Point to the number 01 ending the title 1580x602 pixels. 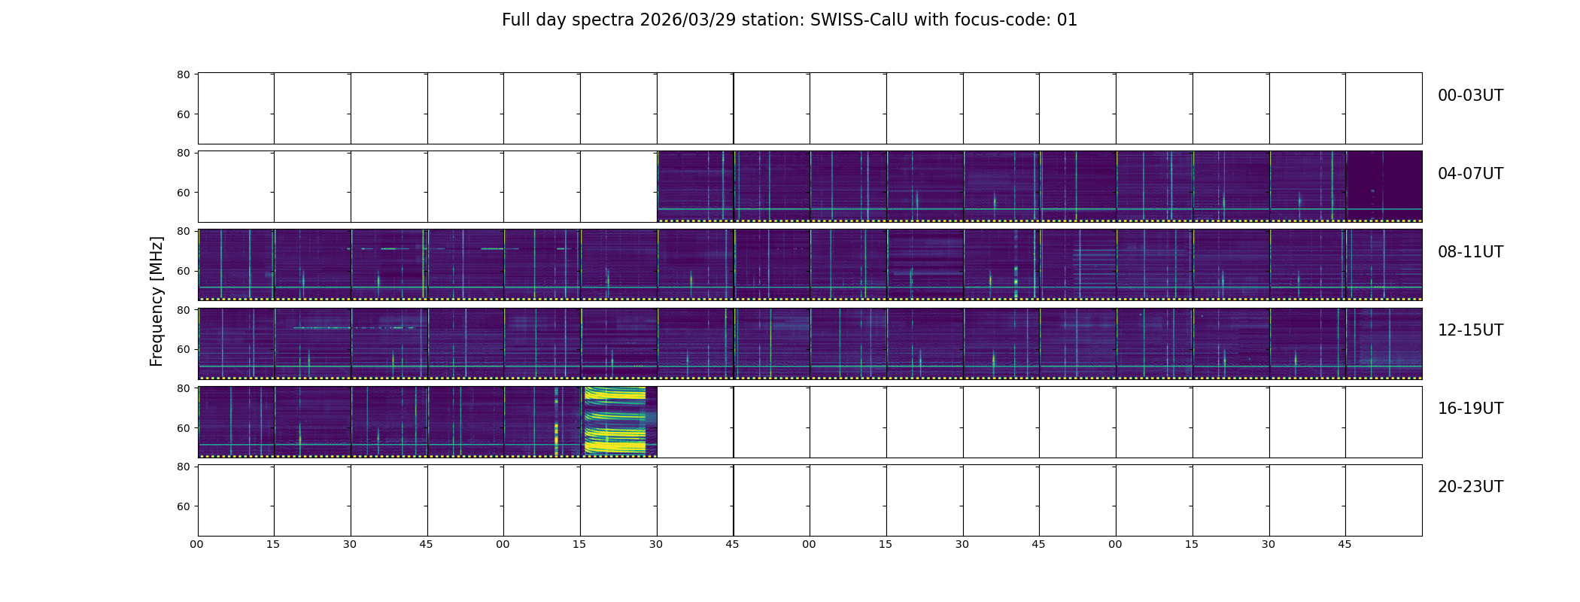pyautogui.click(x=1067, y=20)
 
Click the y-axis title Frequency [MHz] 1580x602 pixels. pyautogui.click(x=156, y=301)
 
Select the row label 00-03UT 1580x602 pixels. pyautogui.click(x=1470, y=96)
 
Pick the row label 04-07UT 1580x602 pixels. pyautogui.click(x=1470, y=174)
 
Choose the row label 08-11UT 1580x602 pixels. pyautogui.click(x=1470, y=252)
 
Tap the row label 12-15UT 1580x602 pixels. pyautogui.click(x=1470, y=330)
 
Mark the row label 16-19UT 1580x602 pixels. pyautogui.click(x=1470, y=409)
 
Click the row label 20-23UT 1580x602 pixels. pyautogui.click(x=1470, y=487)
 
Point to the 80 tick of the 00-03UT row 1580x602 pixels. pyautogui.click(x=184, y=74)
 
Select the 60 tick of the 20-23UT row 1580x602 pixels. pyautogui.click(x=184, y=506)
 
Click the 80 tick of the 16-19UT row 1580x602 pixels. pyautogui.click(x=184, y=388)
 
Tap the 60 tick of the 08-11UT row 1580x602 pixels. pyautogui.click(x=184, y=271)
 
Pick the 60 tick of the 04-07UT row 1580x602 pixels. pyautogui.click(x=184, y=193)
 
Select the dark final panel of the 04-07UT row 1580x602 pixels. pyautogui.click(x=1384, y=186)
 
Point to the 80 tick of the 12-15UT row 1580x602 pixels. pyautogui.click(x=184, y=310)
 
